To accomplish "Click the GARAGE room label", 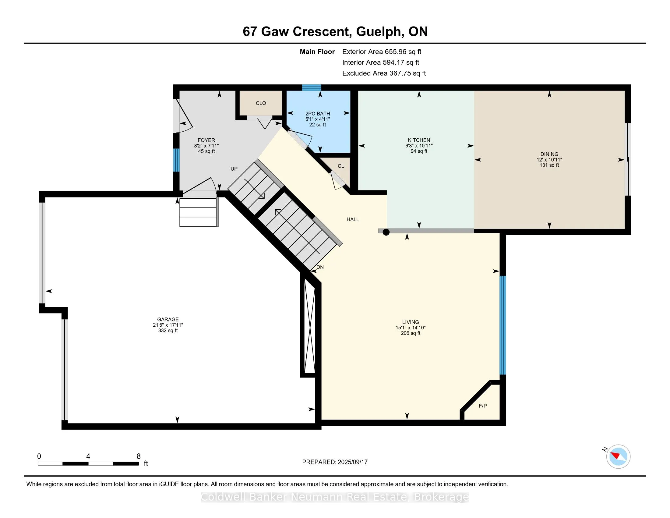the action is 168,319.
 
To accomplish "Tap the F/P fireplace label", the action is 483,406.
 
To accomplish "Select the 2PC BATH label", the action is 318,114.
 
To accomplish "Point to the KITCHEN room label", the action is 419,140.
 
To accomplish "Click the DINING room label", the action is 549,154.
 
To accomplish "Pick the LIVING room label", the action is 411,322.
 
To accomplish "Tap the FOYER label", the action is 206,140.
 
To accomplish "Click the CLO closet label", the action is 261,103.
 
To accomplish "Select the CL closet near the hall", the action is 341,166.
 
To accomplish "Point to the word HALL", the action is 353,219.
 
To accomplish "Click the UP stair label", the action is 234,169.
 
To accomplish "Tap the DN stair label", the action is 320,267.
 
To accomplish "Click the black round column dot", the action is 386,232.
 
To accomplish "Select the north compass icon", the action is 618,456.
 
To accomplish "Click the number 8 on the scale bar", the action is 139,456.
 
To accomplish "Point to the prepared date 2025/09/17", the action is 352,462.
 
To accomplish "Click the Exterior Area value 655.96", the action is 396,52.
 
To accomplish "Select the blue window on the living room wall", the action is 503,325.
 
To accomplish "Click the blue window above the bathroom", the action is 311,88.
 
